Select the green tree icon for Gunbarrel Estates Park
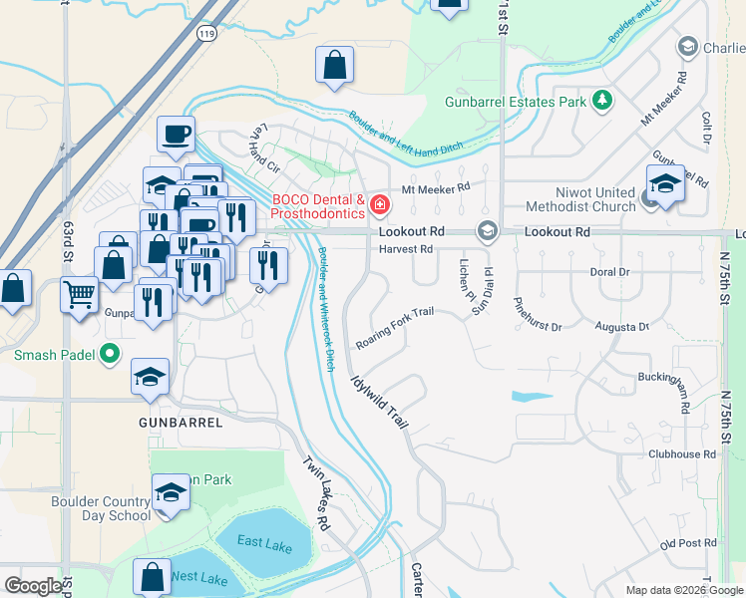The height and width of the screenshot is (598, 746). coord(601,101)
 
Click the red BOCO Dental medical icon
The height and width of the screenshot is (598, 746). coord(379,205)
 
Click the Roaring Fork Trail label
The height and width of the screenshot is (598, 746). coord(395,328)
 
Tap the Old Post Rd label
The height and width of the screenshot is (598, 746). coord(689,543)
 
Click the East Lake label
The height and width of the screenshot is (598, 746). coord(264,540)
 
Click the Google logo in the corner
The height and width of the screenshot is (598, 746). coord(33,586)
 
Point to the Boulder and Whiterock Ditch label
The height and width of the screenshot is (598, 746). coord(325,309)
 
